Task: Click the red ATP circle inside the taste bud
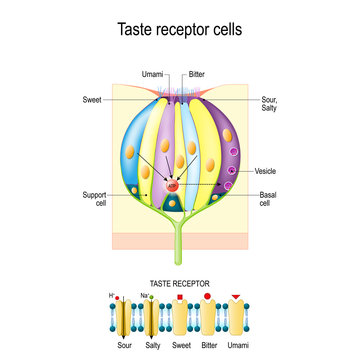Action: [172, 186]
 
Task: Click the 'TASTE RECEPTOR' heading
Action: [179, 284]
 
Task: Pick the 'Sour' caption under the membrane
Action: [124, 345]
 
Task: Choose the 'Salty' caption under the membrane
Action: [152, 345]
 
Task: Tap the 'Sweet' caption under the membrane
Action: [181, 345]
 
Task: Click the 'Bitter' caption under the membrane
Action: [208, 345]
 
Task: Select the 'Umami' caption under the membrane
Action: [237, 345]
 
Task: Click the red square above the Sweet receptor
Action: [180, 298]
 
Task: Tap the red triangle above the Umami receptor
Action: [236, 298]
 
